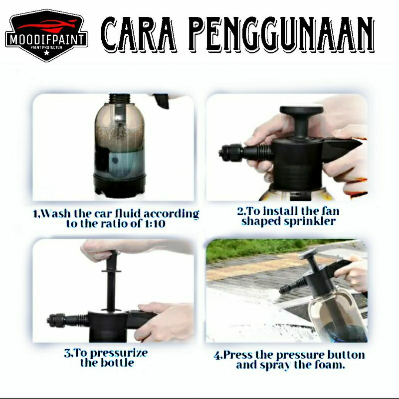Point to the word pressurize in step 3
point(119,353)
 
